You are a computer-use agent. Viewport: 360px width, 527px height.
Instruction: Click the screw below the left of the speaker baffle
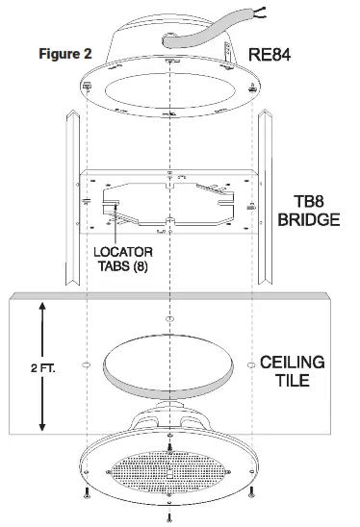(x=85, y=497)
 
